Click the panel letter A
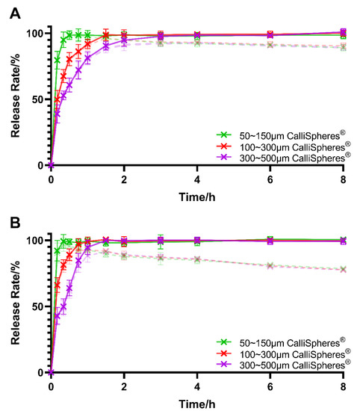(x=10, y=10)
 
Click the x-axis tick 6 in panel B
(x=270, y=386)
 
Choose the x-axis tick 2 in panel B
(x=124, y=386)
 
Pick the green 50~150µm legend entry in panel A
(x=284, y=135)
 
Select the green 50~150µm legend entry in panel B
(x=284, y=342)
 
